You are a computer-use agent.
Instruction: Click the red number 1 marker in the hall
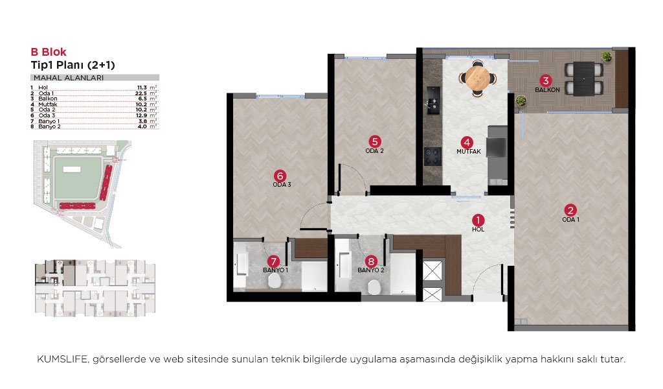(x=478, y=220)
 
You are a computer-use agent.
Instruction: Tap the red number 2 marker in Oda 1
(x=570, y=210)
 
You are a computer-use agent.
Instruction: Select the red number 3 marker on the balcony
(x=546, y=80)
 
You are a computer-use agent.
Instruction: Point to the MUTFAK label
(x=469, y=152)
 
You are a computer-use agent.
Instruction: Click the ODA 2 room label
(x=375, y=150)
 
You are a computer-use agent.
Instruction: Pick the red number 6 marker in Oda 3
(x=280, y=176)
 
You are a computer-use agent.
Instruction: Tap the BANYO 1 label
(x=276, y=270)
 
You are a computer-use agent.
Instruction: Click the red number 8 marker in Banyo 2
(x=371, y=261)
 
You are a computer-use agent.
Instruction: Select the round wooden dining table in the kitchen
(x=478, y=78)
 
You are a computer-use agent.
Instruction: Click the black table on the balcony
(x=584, y=78)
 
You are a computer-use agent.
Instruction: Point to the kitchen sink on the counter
(x=433, y=100)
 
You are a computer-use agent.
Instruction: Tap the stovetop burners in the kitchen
(x=433, y=157)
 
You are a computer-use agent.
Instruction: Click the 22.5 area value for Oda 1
(x=140, y=93)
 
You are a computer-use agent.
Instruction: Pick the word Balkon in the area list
(x=48, y=99)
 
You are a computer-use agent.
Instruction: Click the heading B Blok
(x=49, y=52)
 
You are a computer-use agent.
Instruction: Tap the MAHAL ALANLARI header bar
(x=95, y=78)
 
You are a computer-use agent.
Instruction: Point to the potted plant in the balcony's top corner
(x=607, y=56)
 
